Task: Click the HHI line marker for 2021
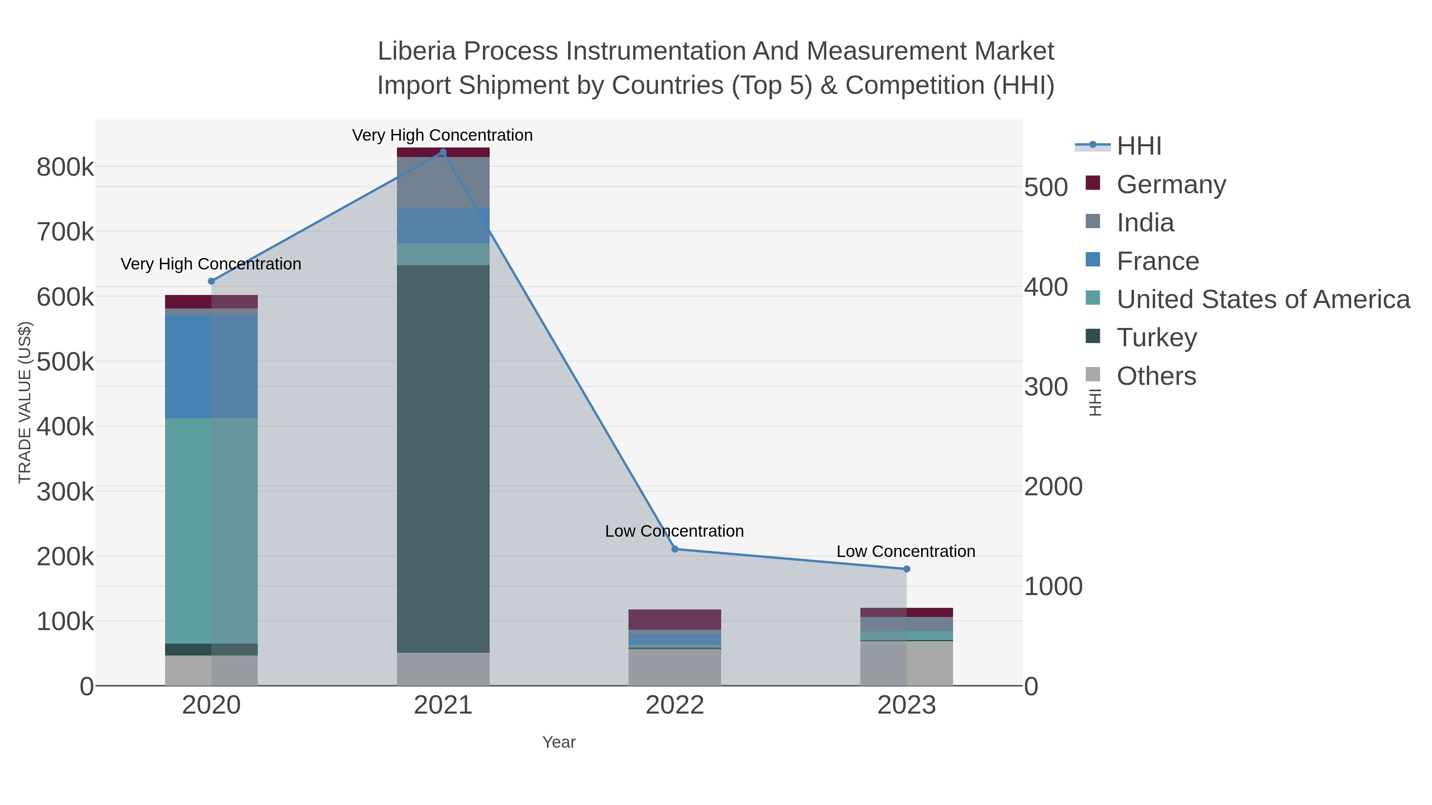coord(443,152)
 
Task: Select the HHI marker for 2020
coord(211,281)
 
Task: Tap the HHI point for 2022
coord(675,549)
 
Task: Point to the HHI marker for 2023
coord(907,569)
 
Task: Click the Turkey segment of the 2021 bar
coord(443,458)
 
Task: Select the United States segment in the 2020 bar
coord(211,531)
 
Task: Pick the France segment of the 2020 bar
coord(211,367)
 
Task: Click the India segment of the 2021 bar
coord(443,183)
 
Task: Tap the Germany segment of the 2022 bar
coord(675,619)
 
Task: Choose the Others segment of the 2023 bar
coord(907,663)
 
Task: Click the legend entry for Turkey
coord(1156,338)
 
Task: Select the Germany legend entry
coord(1171,184)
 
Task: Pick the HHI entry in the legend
coord(1138,146)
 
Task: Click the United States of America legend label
coord(1263,299)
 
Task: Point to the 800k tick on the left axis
coord(65,167)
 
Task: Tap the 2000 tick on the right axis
coord(1053,487)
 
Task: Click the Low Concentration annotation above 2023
coord(906,551)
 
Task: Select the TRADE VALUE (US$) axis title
coord(24,402)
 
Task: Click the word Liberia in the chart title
coord(417,51)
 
